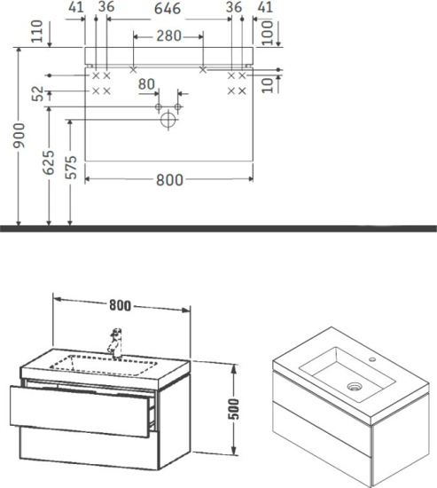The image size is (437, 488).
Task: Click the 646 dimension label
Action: click(168, 8)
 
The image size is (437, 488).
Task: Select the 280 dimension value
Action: click(168, 36)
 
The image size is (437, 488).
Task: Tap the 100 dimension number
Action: click(266, 31)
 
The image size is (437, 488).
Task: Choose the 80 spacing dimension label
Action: click(147, 84)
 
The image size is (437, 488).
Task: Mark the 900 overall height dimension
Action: click(8, 135)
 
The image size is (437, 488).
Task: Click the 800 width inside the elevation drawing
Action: click(168, 179)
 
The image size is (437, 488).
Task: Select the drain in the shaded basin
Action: click(356, 386)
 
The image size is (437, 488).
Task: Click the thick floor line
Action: click(218, 228)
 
